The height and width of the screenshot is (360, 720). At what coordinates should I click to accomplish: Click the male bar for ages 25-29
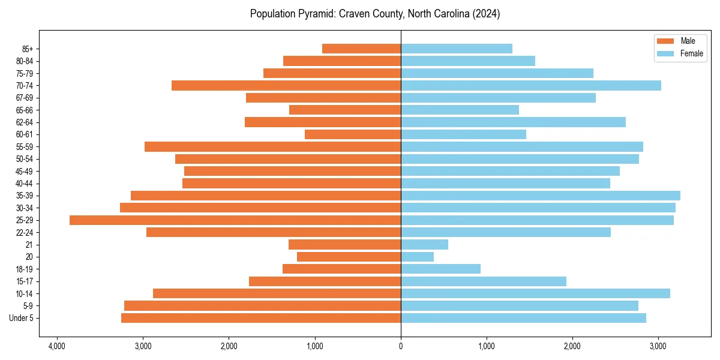point(235,220)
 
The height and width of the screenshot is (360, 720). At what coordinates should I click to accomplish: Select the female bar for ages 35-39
point(540,196)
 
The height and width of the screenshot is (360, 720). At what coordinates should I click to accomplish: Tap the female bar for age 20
point(417,257)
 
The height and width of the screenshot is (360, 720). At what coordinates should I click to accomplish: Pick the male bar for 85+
point(361,49)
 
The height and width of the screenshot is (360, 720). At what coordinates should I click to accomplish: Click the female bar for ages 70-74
point(530,86)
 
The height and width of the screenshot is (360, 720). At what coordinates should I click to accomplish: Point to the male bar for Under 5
point(261,318)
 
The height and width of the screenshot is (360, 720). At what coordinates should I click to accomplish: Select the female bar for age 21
point(424,245)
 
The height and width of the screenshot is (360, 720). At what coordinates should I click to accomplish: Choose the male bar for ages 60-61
point(353,134)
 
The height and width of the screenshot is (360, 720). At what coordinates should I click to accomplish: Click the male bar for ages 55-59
point(272,147)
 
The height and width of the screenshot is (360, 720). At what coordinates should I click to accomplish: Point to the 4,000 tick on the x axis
point(57,346)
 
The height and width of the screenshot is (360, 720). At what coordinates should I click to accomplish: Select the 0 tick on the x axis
point(401,346)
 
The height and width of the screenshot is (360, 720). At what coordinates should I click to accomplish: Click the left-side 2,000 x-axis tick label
point(229,346)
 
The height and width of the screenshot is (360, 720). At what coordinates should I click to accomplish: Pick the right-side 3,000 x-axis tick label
point(658,346)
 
